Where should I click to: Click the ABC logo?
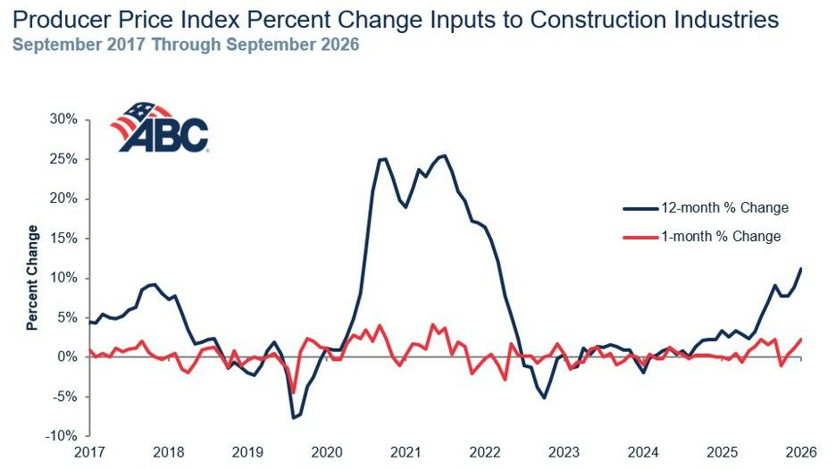[x=159, y=127]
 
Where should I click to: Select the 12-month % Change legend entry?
[x=706, y=207]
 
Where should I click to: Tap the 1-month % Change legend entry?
[x=702, y=236]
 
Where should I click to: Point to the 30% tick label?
[x=64, y=119]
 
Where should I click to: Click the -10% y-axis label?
[x=62, y=436]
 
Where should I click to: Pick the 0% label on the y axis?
[x=68, y=357]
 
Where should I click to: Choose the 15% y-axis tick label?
[x=64, y=238]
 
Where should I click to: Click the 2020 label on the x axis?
[x=326, y=452]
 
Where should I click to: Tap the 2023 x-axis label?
[x=564, y=452]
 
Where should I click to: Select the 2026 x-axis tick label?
[x=801, y=452]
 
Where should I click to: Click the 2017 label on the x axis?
[x=89, y=452]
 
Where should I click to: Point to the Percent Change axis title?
[x=32, y=277]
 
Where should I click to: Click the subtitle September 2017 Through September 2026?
[x=186, y=45]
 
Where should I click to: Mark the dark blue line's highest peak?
[x=445, y=155]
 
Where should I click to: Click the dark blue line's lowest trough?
[x=293, y=417]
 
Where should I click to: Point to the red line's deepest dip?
[x=293, y=393]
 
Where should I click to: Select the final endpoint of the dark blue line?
[x=801, y=268]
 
